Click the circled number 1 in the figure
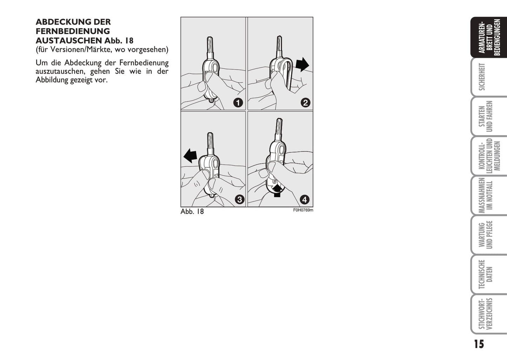238,103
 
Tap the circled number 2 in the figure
305,103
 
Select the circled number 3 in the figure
240,200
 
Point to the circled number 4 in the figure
305,200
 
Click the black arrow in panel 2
302,64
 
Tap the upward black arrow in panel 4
277,191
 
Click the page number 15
479,344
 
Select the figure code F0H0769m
303,210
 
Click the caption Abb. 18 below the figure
192,212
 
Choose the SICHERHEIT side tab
482,77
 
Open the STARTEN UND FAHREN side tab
486,116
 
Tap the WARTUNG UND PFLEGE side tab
486,235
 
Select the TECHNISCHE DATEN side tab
486,274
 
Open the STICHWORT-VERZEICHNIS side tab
486,314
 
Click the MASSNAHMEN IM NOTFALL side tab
486,195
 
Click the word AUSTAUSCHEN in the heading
69,41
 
